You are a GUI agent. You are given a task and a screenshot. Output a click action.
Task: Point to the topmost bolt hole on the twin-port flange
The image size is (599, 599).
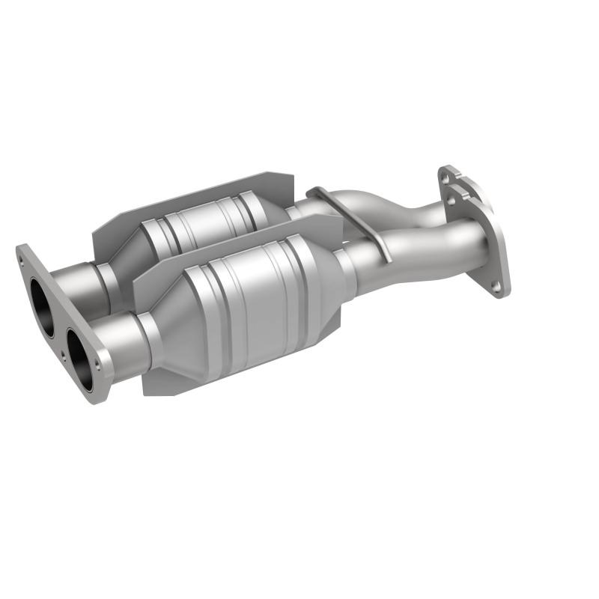click(25, 256)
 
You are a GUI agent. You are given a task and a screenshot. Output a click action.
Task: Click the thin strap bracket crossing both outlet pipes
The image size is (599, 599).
click(352, 217)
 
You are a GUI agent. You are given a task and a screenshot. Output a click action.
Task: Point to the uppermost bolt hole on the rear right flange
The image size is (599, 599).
click(447, 174)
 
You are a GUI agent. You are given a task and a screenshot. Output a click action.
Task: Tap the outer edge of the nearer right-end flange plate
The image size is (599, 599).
click(503, 247)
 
